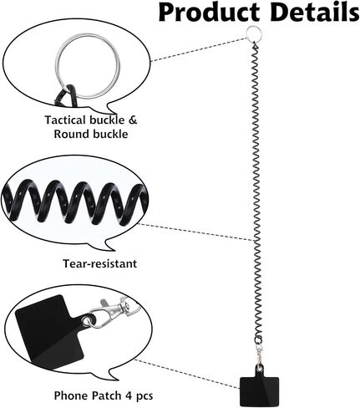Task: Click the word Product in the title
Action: coord(209,13)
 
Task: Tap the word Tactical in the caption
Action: coord(65,120)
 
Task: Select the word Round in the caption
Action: coord(72,134)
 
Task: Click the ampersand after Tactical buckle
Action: coord(133,120)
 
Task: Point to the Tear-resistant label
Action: coord(99,263)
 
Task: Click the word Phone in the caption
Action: coord(71,395)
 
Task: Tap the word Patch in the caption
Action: coord(107,395)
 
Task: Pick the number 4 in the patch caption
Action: coord(129,395)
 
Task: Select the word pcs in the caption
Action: coord(145,396)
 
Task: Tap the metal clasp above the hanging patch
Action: coord(260,353)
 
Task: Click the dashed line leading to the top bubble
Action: coord(199,48)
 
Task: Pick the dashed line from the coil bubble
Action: coord(196,232)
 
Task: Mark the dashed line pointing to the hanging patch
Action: coord(187,374)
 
